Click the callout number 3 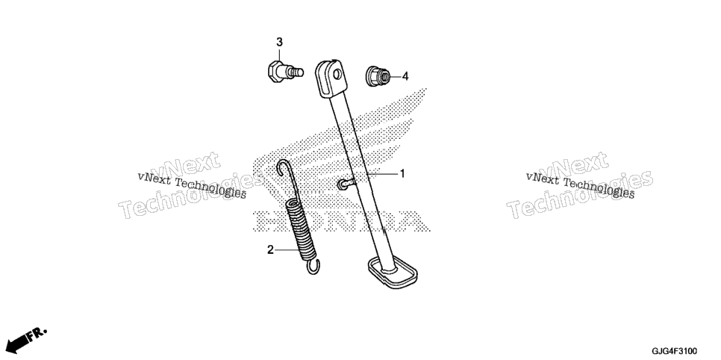pos(279,43)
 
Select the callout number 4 pos(405,76)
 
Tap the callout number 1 pos(402,173)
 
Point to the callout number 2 pos(270,250)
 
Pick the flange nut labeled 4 pos(378,76)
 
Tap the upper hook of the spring pos(284,168)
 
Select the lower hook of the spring pos(313,267)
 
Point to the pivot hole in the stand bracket pos(338,75)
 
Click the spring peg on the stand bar pos(346,184)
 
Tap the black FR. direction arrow pos(16,344)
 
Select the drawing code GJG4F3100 pos(675,351)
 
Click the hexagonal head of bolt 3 pos(275,72)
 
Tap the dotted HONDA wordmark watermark pos(341,221)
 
